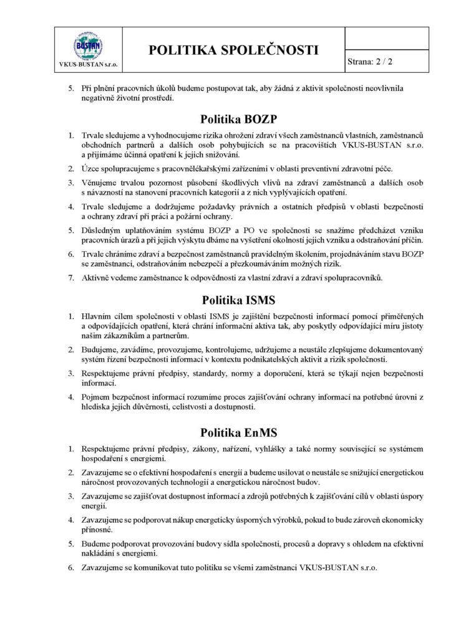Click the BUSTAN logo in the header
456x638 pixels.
[89, 45]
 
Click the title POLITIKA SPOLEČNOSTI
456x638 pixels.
[234, 50]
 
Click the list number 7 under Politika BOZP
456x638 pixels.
[71, 277]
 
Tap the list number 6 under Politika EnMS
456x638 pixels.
[71, 568]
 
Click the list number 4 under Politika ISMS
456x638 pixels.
[71, 396]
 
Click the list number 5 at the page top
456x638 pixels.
[71, 88]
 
